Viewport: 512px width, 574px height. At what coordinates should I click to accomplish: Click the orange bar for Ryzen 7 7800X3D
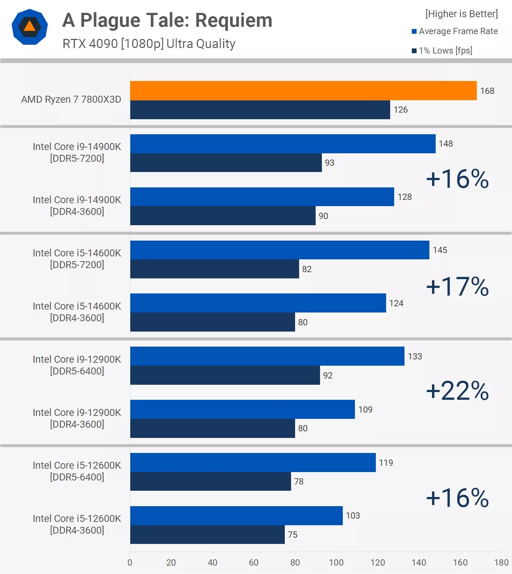coord(303,91)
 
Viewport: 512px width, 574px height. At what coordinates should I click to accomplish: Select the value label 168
coord(487,91)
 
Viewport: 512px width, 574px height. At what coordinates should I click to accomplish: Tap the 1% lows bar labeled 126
coord(260,110)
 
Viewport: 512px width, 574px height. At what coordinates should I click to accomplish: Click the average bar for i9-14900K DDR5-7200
coord(283,144)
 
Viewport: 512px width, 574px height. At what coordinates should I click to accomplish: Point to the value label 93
coord(329,163)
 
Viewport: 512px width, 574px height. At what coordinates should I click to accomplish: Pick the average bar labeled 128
coord(262,197)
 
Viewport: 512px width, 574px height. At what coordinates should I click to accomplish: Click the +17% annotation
coord(457,286)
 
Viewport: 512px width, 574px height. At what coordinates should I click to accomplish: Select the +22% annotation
coord(457,391)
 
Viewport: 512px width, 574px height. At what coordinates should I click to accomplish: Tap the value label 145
coord(440,250)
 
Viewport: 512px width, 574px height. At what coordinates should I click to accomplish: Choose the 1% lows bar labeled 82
coord(214,269)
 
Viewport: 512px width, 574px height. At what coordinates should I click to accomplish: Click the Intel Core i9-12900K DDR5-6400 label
coord(77,365)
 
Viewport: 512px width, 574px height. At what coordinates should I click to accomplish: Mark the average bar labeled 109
coord(242,409)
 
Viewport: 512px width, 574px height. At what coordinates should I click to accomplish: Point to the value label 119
coord(386,463)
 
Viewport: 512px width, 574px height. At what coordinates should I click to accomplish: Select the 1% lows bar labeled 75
coord(207,534)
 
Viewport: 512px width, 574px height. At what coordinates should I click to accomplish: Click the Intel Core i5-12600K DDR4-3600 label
coord(77,524)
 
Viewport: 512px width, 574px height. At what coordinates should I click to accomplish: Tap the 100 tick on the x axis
coord(336,563)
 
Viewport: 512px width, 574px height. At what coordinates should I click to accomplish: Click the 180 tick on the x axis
coord(501,563)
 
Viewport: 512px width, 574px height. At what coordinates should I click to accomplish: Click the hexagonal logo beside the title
coord(30,27)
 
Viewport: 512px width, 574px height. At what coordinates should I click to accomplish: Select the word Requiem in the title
coord(233,20)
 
